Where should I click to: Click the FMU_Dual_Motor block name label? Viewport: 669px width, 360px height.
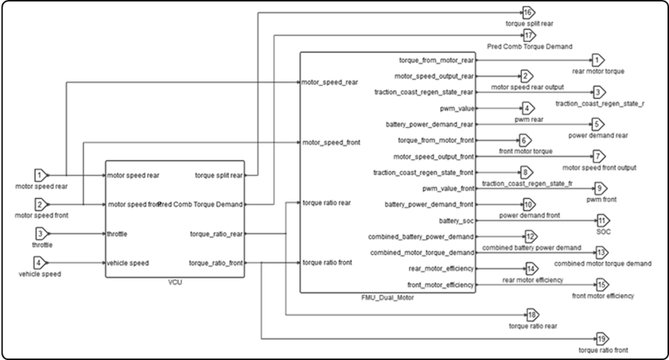coord(388,299)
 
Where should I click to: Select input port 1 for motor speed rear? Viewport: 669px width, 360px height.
coord(40,175)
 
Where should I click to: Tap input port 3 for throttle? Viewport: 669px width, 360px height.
coord(40,234)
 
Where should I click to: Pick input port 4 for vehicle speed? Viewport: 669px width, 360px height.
coord(40,262)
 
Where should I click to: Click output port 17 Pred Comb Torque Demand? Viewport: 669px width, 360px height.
coord(529,35)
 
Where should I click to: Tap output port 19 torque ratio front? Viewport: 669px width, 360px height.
coord(601,339)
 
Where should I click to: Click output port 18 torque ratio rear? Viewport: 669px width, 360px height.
coord(532,315)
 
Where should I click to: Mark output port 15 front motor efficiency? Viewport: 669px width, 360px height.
coord(601,285)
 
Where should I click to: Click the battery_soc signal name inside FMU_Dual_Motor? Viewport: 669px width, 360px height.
coord(455,220)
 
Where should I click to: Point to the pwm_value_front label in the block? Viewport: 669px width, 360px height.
coord(447,188)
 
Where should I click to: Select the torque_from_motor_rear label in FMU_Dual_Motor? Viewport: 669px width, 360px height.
coord(436,60)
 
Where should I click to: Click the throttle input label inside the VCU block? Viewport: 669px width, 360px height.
coord(120,234)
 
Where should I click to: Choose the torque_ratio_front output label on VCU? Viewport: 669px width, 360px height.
coord(216,263)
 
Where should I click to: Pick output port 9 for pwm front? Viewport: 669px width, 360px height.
coord(600,187)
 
